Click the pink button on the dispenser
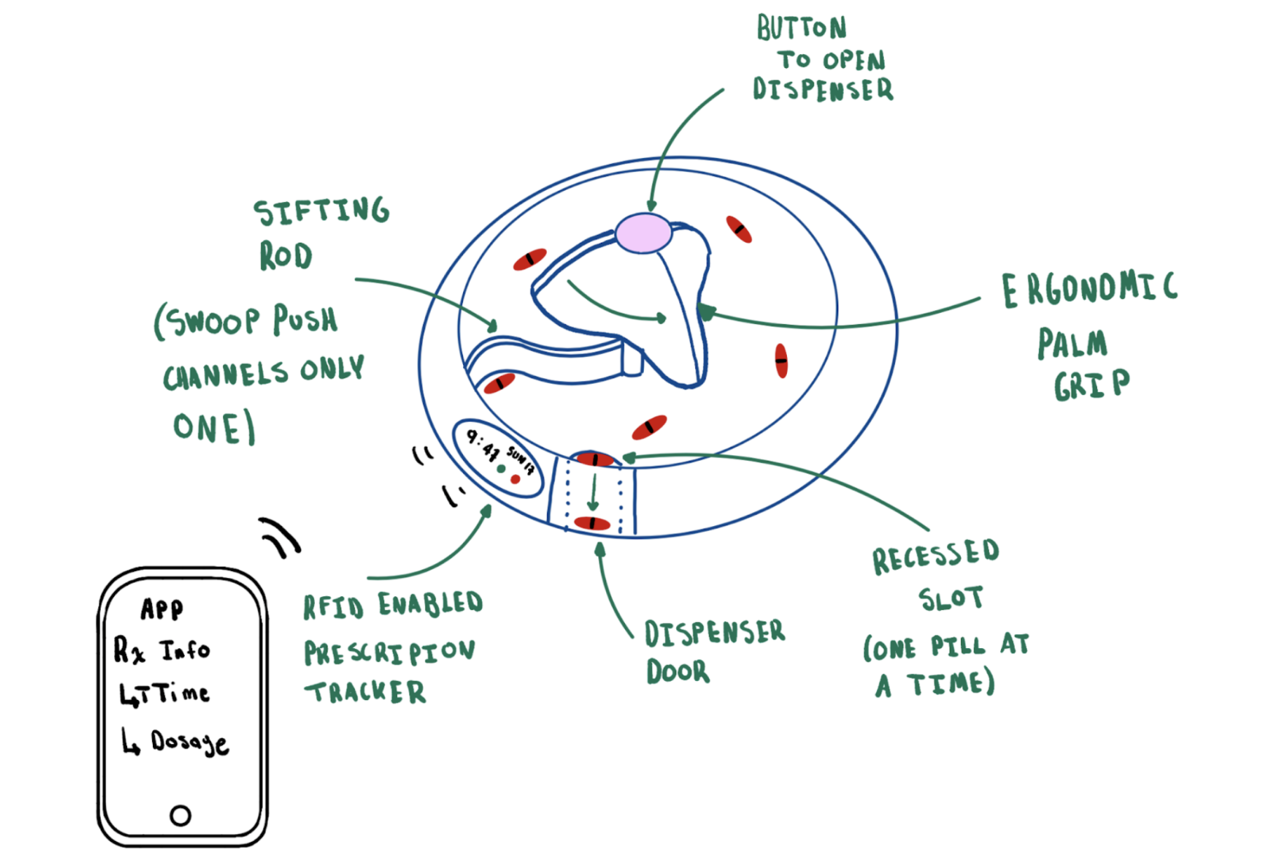click(643, 233)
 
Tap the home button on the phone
click(180, 815)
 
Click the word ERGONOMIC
click(1089, 289)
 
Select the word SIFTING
click(321, 211)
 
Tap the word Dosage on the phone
click(189, 742)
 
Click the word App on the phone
click(162, 609)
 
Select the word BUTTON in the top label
click(801, 28)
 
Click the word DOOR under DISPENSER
click(678, 671)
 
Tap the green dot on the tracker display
click(501, 469)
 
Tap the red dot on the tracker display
click(516, 479)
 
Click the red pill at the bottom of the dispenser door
click(592, 523)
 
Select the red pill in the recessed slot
click(595, 460)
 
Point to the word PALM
click(1072, 344)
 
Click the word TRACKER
click(365, 692)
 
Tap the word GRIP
click(1091, 384)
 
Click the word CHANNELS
click(226, 375)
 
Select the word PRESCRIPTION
click(389, 652)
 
